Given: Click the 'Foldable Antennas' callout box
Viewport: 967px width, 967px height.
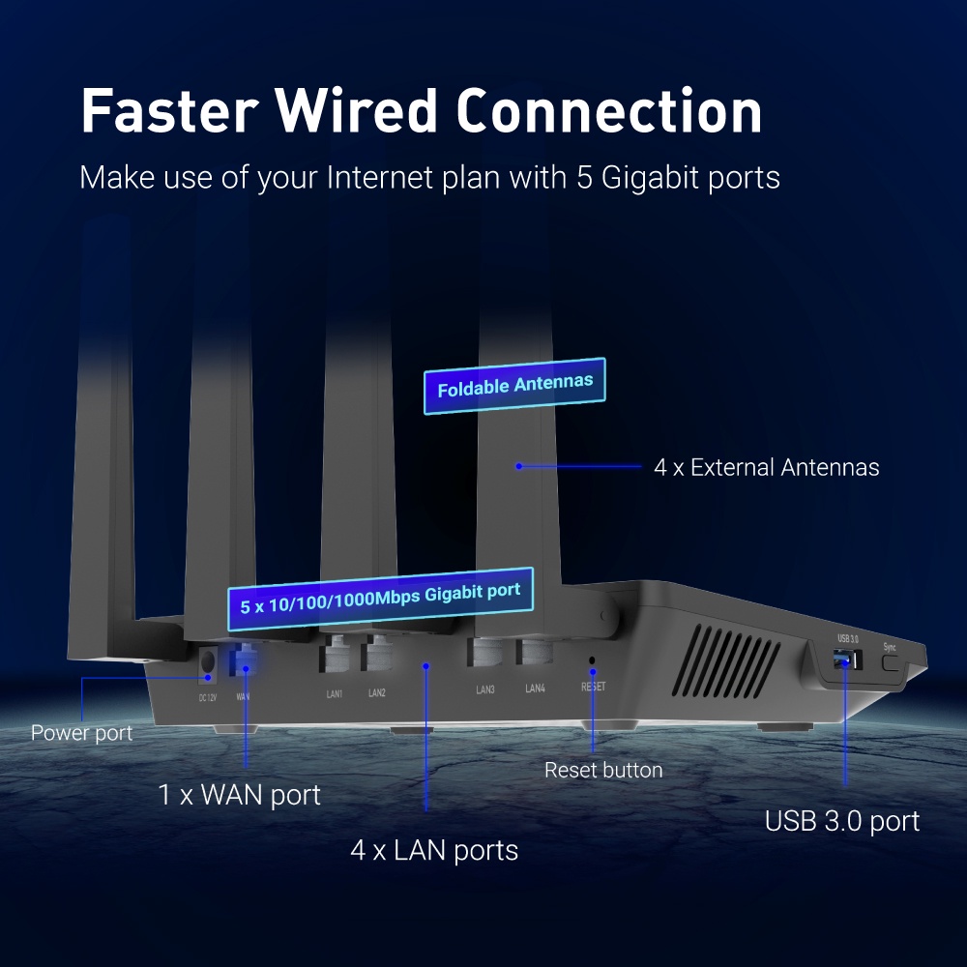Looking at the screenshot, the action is (514, 386).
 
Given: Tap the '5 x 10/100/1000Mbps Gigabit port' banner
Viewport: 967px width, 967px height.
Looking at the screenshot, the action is (380, 599).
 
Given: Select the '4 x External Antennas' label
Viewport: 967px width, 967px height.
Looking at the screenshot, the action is (767, 467).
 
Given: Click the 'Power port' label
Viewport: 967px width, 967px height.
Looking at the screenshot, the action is (81, 733).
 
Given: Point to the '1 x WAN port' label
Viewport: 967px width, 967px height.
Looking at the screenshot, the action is (239, 794).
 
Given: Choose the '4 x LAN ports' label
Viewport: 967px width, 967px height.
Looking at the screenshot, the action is (434, 850).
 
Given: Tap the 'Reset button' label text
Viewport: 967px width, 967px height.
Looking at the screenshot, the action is (603, 770).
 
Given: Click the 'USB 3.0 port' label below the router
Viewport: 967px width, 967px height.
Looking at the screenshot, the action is (842, 821).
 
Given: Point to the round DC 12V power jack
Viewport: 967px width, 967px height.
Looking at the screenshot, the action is (208, 663).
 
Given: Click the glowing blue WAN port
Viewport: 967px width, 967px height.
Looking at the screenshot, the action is (246, 659).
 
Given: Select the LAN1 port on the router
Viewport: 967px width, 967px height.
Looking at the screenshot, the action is (335, 655).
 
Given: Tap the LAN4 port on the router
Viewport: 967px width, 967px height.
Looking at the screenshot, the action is (535, 651).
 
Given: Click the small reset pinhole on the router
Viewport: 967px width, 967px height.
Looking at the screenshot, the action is (592, 660).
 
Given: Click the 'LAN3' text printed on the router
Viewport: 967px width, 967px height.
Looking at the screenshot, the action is (485, 689).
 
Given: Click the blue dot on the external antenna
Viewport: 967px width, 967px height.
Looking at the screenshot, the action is (519, 466).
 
